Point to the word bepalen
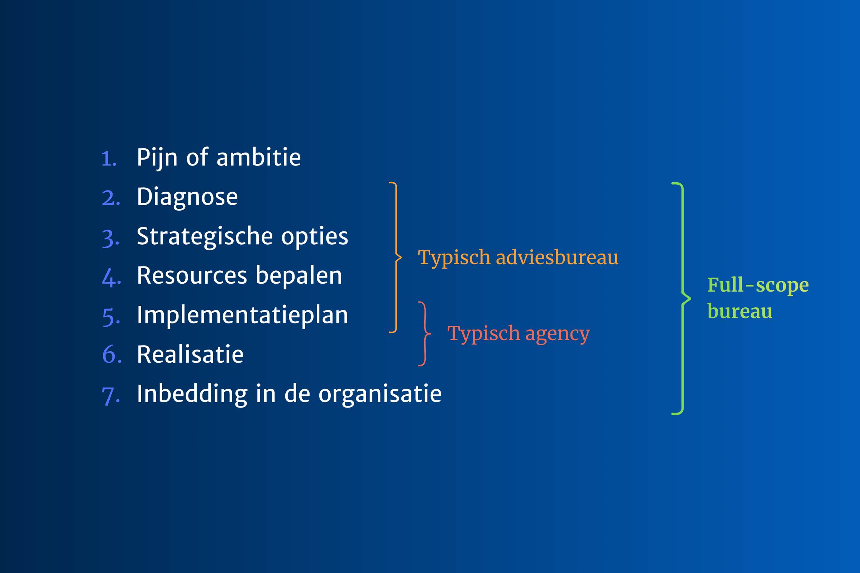pyautogui.click(x=299, y=276)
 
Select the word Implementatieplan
pyautogui.click(x=243, y=316)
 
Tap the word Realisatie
pyautogui.click(x=190, y=355)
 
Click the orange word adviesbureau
pyautogui.click(x=557, y=257)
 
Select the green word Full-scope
pyautogui.click(x=758, y=285)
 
